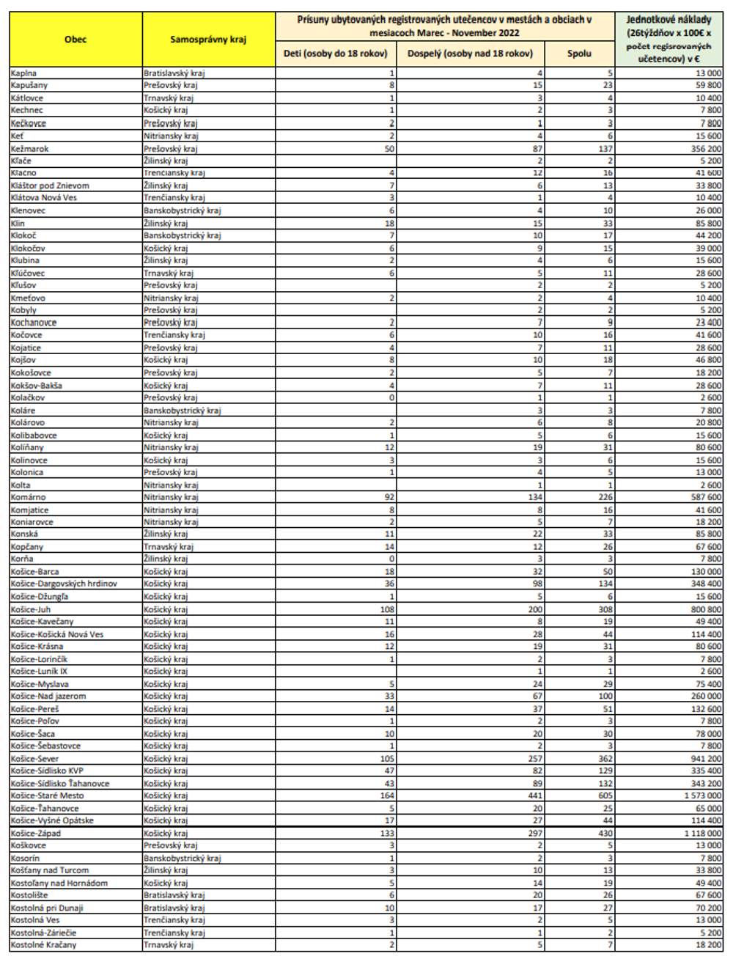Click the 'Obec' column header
click(75, 39)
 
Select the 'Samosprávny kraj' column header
click(208, 39)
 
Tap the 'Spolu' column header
click(579, 53)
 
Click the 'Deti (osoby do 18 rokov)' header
click(336, 53)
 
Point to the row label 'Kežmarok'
click(30, 148)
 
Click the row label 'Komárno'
click(29, 497)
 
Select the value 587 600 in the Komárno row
click(706, 497)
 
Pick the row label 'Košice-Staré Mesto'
click(48, 796)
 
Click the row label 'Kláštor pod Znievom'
click(50, 185)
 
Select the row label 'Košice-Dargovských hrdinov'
click(64, 584)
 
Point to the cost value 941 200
click(706, 759)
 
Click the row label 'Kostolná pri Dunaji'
click(47, 908)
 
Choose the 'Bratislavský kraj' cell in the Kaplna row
click(174, 73)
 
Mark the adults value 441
click(535, 796)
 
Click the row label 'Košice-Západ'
click(36, 833)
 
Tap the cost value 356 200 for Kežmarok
click(706, 148)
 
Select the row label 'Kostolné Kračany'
click(43, 945)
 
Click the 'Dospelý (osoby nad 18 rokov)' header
click(470, 53)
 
